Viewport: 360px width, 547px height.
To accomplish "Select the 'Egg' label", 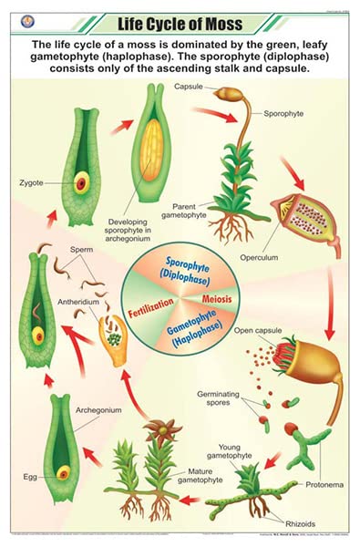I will (x=31, y=477).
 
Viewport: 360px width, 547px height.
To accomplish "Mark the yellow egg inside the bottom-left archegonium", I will (x=63, y=472).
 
